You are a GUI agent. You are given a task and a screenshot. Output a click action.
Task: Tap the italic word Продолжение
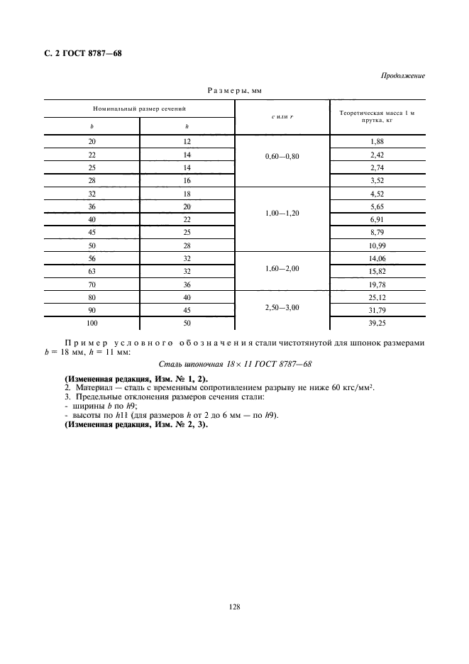403,76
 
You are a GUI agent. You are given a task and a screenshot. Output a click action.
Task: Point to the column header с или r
282,116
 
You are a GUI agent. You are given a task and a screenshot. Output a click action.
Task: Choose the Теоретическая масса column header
377,116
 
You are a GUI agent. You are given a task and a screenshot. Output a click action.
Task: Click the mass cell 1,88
377,141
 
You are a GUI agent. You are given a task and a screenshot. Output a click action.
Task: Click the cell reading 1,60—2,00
282,270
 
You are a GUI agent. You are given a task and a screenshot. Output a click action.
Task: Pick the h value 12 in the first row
187,141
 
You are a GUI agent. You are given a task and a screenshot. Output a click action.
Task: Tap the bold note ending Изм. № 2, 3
131,424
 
